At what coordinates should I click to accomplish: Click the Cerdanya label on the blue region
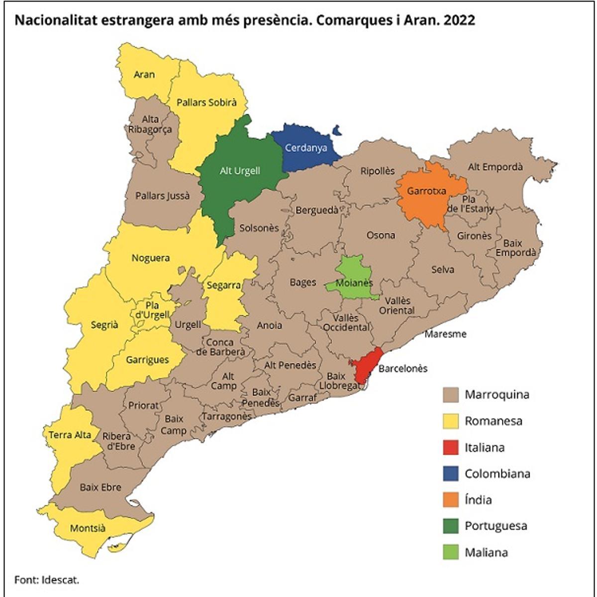tap(305, 148)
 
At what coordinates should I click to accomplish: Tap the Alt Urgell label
tap(240, 171)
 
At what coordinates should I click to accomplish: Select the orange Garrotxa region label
tap(427, 191)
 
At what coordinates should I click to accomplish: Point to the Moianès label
tap(354, 283)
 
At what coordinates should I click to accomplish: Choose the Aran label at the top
tap(144, 75)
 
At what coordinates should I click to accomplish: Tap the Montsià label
tap(88, 528)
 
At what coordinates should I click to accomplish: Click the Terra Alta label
tap(70, 435)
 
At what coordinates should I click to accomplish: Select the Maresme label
tap(445, 334)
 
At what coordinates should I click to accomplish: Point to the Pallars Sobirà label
tap(206, 102)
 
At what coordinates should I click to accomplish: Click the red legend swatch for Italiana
tap(450, 447)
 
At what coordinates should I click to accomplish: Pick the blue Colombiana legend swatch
tap(450, 474)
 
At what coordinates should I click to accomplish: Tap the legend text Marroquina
tap(497, 395)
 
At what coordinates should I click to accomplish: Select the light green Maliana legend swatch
tap(450, 552)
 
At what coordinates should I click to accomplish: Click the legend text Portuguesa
tap(496, 526)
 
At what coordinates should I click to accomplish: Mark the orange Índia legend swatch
tap(450, 500)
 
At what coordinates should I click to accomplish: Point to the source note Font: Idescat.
tap(47, 580)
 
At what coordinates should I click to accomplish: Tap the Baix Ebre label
tap(100, 487)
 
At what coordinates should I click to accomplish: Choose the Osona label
tap(381, 235)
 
